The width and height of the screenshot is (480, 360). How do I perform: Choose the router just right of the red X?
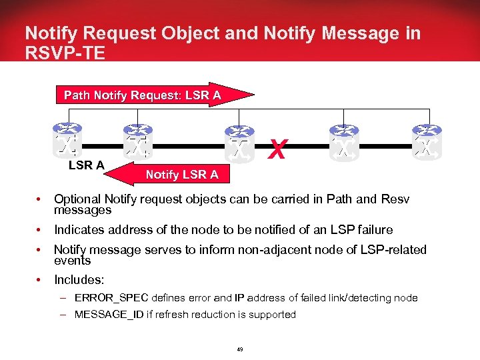click(x=345, y=141)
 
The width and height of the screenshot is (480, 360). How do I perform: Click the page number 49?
click(x=240, y=348)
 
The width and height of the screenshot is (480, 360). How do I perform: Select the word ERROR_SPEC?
click(x=111, y=297)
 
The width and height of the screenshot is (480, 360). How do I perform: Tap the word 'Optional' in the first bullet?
click(x=77, y=199)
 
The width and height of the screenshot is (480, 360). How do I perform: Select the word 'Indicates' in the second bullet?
click(x=79, y=229)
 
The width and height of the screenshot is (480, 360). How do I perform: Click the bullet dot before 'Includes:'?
click(x=41, y=281)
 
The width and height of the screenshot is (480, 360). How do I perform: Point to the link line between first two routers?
click(x=103, y=145)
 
